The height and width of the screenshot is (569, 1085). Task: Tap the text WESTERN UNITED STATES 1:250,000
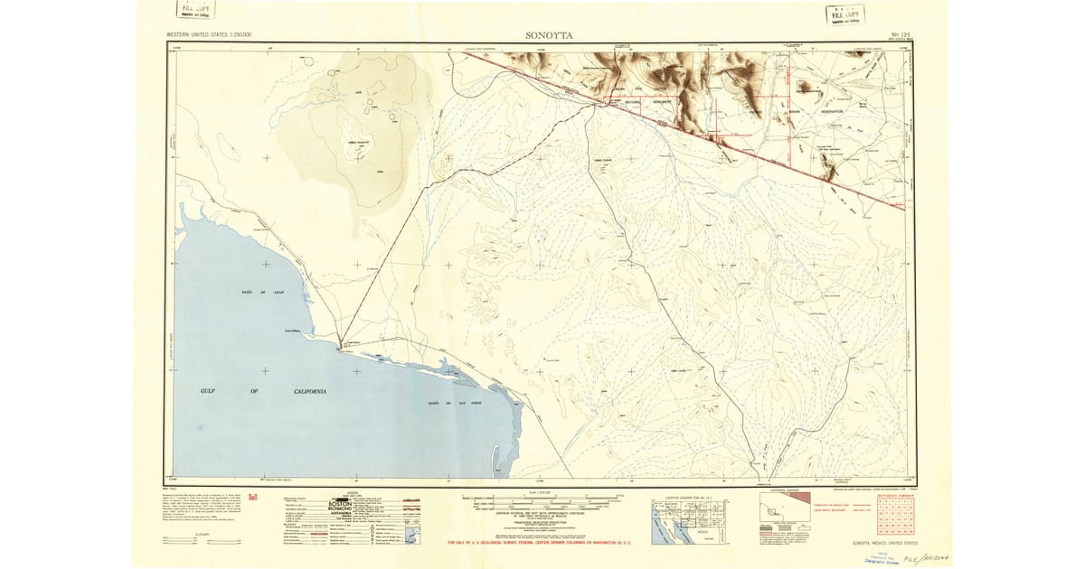pos(209,35)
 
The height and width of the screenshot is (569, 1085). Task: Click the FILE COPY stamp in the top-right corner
pos(846,14)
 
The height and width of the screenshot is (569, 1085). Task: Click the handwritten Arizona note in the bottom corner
pos(922,557)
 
